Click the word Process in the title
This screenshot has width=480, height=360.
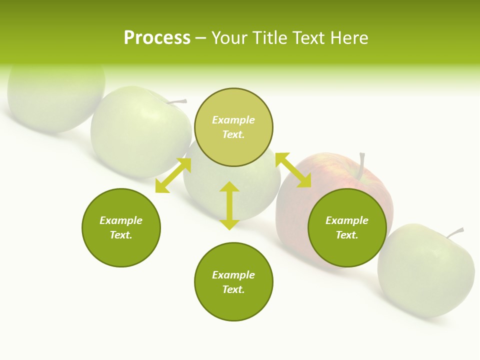157,38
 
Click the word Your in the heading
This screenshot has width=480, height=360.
230,38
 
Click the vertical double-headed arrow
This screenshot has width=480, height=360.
229,205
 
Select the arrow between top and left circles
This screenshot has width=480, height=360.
173,175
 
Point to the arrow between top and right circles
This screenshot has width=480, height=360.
293,170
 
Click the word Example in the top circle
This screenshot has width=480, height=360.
233,120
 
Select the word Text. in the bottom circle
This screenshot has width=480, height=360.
233,289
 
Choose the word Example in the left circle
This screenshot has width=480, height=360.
121,220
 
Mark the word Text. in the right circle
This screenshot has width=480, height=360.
347,235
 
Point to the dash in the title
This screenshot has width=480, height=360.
200,38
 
